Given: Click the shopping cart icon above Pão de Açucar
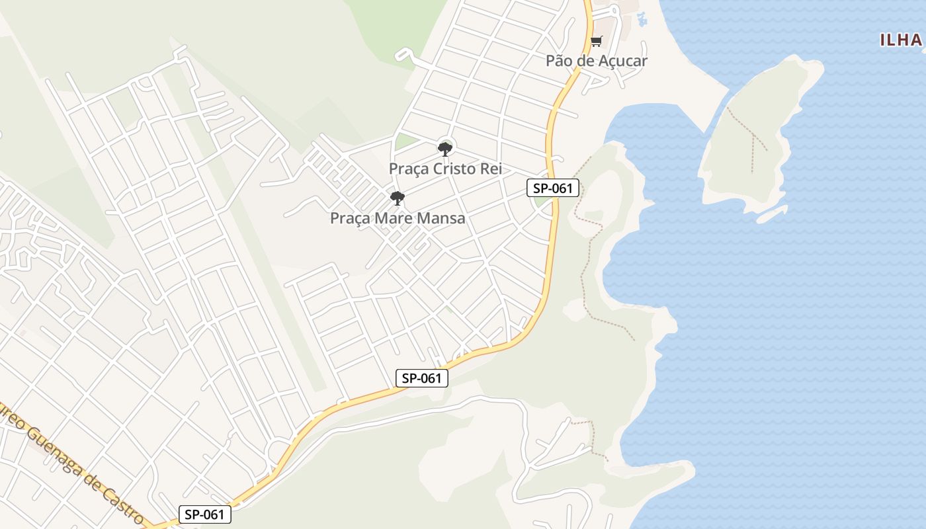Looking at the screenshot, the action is (596, 42).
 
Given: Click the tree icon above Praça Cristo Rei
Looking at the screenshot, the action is (445, 148).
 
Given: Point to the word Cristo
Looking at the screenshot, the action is (456, 169).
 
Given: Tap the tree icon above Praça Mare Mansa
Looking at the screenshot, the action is (397, 198).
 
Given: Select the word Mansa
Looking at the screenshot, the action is (441, 218).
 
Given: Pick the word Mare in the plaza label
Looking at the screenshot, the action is (394, 218).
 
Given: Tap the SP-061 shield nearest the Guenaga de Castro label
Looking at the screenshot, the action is (204, 514).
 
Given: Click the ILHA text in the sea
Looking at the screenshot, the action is (901, 40).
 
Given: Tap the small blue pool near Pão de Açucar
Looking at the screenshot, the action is (641, 19).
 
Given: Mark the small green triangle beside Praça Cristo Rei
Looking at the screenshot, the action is (404, 142).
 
